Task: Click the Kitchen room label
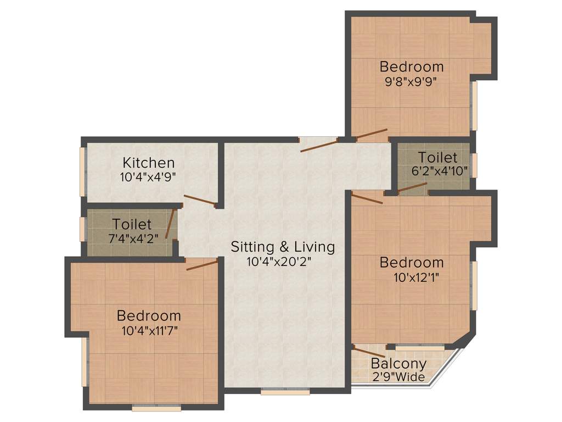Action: (x=148, y=163)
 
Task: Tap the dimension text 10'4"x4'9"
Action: (x=148, y=177)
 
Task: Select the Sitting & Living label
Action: (x=283, y=247)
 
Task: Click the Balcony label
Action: (x=398, y=363)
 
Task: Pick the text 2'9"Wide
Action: (x=398, y=377)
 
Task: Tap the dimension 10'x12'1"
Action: (x=412, y=276)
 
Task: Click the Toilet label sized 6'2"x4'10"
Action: (x=437, y=157)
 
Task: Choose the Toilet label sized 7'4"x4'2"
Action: (x=132, y=224)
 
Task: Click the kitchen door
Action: (x=200, y=201)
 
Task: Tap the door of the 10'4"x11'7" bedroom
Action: (x=202, y=265)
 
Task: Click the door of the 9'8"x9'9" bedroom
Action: (x=372, y=134)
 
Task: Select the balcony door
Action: (x=369, y=352)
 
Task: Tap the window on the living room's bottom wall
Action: (x=285, y=392)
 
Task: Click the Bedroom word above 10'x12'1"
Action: (x=412, y=262)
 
